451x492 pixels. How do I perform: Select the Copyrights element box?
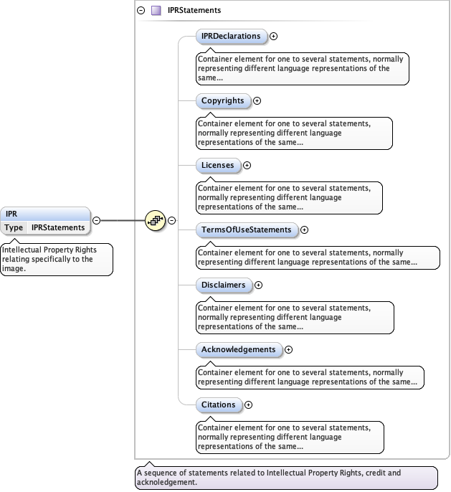(x=223, y=100)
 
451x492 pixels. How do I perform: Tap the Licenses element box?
(x=218, y=165)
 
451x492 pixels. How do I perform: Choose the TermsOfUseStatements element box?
(x=247, y=230)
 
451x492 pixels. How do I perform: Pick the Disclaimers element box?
(x=224, y=285)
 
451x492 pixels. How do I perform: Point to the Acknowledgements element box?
(x=239, y=349)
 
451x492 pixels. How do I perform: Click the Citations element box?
(x=219, y=405)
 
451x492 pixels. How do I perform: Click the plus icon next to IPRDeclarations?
(x=273, y=36)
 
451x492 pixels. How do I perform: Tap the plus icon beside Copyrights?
(x=257, y=100)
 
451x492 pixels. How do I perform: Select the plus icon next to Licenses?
(x=247, y=165)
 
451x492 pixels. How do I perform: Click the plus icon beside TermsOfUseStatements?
(x=304, y=230)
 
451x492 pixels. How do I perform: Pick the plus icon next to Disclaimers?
(x=259, y=285)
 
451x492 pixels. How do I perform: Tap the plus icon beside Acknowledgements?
(x=289, y=349)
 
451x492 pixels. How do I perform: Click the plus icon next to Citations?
(x=249, y=405)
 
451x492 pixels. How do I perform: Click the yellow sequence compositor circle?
(x=156, y=220)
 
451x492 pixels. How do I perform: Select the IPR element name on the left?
(x=12, y=214)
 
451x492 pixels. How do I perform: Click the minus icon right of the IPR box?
(x=97, y=220)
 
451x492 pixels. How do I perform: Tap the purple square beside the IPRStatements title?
(x=156, y=11)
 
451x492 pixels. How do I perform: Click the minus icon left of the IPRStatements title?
(x=141, y=11)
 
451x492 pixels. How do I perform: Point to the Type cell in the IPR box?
(x=14, y=227)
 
